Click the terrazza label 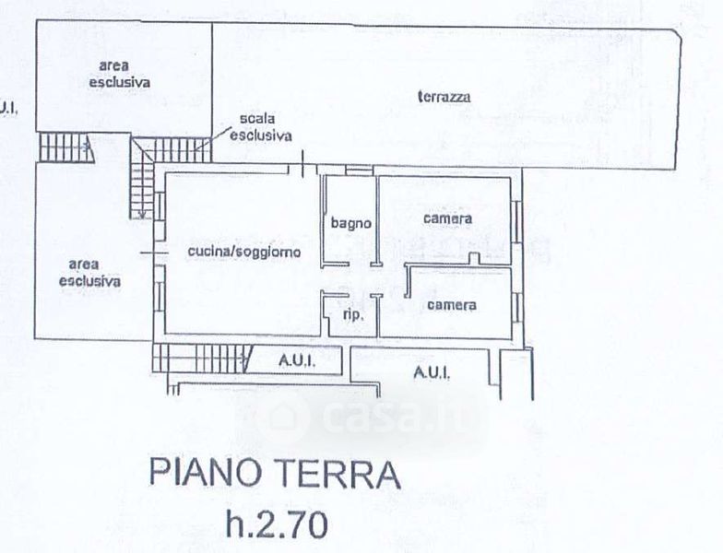point(444,97)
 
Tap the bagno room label point(350,223)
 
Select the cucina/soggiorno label point(243,252)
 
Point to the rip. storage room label point(354,315)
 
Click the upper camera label point(447,218)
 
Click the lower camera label point(452,305)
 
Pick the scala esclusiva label point(260,127)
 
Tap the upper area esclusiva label point(120,74)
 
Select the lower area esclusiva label point(89,273)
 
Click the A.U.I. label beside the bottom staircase point(297,361)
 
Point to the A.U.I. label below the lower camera point(432,372)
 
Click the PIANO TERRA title point(275,474)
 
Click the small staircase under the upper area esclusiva point(66,147)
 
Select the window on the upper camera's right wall point(516,221)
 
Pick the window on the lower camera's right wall point(516,308)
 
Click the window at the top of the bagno point(360,171)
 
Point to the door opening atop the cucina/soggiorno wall point(302,170)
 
